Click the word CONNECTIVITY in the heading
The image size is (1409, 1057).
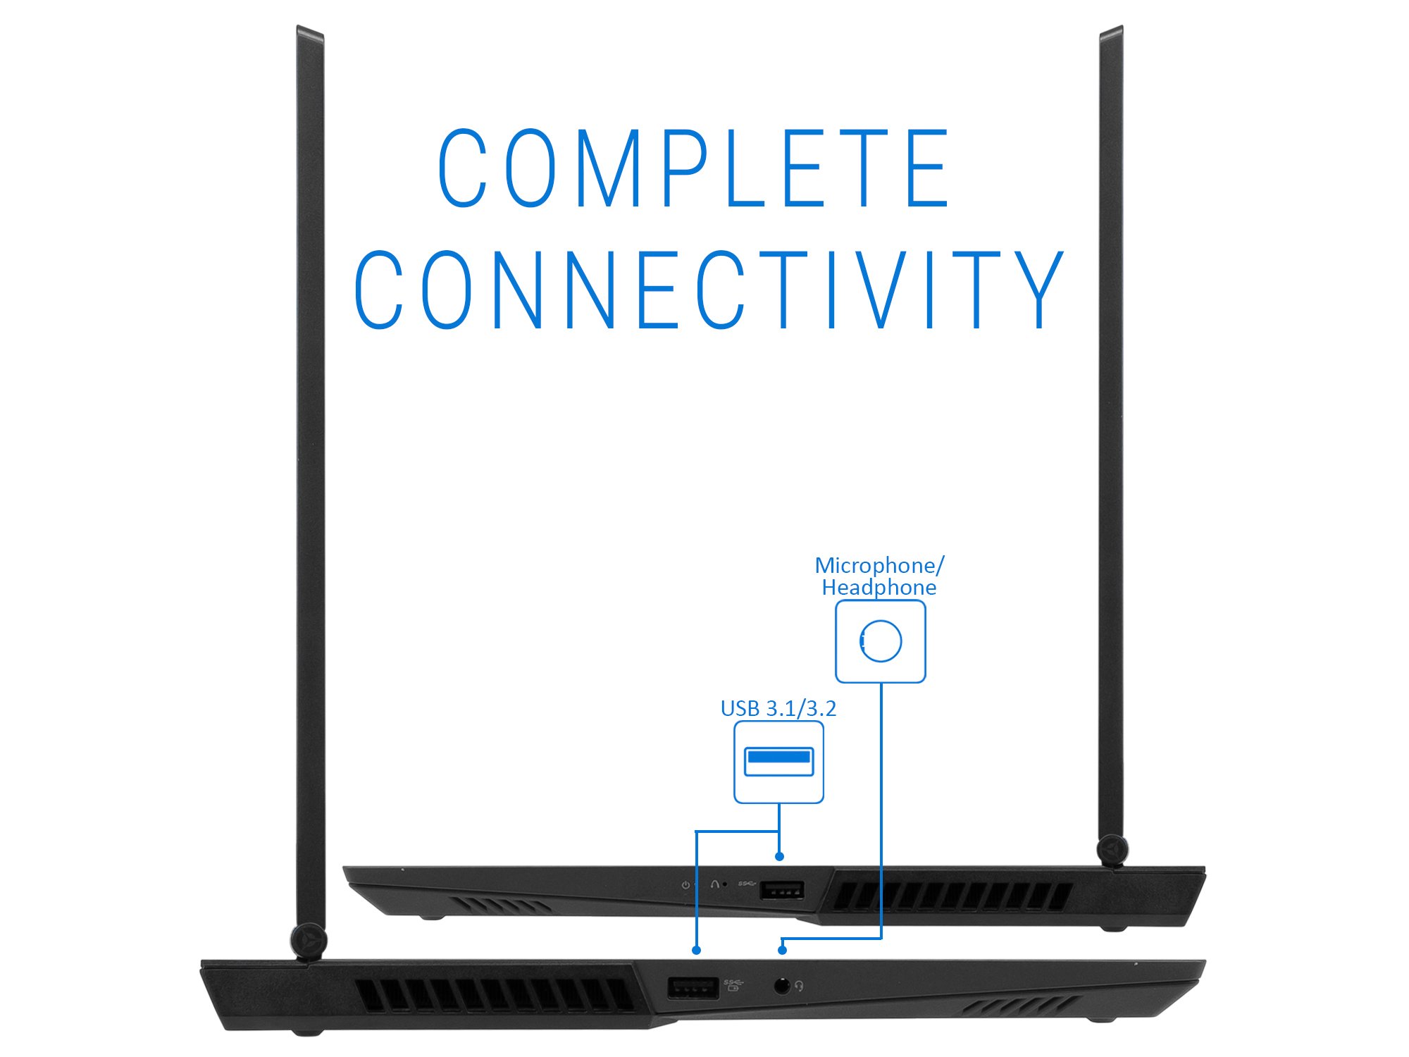pyautogui.click(x=708, y=290)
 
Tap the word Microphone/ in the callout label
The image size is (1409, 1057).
pyautogui.click(x=879, y=565)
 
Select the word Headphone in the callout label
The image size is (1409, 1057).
pyautogui.click(x=879, y=588)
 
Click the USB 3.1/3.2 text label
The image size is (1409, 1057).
pyautogui.click(x=778, y=708)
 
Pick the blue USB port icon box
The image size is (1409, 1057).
pyautogui.click(x=778, y=762)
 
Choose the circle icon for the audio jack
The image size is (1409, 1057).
pyautogui.click(x=881, y=641)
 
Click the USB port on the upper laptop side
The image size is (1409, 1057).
pyautogui.click(x=781, y=890)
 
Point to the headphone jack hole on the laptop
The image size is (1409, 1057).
pyautogui.click(x=781, y=985)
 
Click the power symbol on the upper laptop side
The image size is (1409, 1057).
pyautogui.click(x=685, y=885)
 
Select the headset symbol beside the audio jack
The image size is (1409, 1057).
pyautogui.click(x=799, y=986)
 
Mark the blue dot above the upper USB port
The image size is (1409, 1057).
pyautogui.click(x=779, y=856)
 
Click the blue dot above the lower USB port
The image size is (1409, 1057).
pyautogui.click(x=696, y=950)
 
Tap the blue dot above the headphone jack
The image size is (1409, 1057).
pyautogui.click(x=782, y=950)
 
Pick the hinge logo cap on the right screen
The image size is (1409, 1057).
pyautogui.click(x=1112, y=849)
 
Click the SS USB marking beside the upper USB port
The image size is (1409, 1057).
pyautogui.click(x=746, y=883)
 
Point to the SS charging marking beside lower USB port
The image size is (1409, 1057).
pyautogui.click(x=733, y=984)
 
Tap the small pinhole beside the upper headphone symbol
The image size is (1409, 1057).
pyautogui.click(x=726, y=884)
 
